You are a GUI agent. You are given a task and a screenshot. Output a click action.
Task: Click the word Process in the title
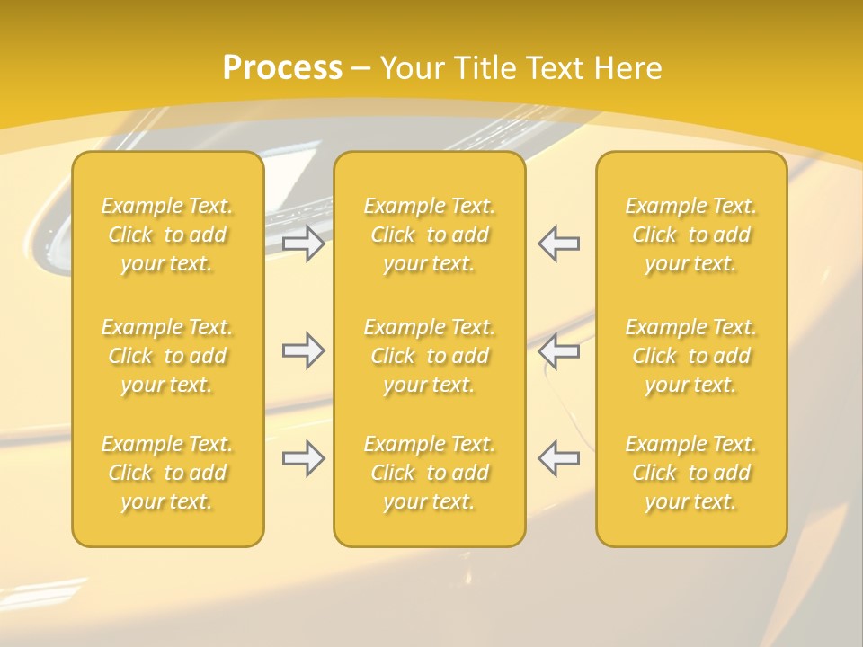pyautogui.click(x=282, y=67)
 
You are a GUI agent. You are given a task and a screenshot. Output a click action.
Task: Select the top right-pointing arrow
pyautogui.click(x=304, y=244)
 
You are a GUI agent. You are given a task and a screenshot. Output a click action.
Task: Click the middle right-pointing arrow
pyautogui.click(x=304, y=350)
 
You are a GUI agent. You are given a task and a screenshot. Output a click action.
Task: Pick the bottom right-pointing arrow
pyautogui.click(x=304, y=458)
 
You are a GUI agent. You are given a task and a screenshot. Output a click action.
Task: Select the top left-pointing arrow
pyautogui.click(x=558, y=244)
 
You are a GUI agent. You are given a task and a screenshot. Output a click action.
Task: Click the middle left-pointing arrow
pyautogui.click(x=558, y=350)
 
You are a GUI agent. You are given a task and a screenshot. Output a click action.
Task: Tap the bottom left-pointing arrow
pyautogui.click(x=558, y=458)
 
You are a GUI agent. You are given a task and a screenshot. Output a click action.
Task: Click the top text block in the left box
pyautogui.click(x=167, y=235)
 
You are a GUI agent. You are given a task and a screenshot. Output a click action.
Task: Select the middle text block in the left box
pyautogui.click(x=167, y=356)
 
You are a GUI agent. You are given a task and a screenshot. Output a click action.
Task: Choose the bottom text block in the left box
pyautogui.click(x=167, y=473)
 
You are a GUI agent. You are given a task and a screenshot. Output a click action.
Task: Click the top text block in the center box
pyautogui.click(x=429, y=235)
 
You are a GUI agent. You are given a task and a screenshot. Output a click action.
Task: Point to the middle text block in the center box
pyautogui.click(x=429, y=356)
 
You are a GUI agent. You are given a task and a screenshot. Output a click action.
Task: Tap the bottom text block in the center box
pyautogui.click(x=429, y=473)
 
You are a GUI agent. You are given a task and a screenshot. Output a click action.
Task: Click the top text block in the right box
pyautogui.click(x=690, y=235)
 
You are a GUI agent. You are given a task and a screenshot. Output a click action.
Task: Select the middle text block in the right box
pyautogui.click(x=690, y=356)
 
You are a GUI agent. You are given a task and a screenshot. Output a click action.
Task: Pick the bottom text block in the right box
pyautogui.click(x=690, y=473)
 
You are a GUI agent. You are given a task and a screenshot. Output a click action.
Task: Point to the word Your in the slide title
pyautogui.click(x=411, y=67)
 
